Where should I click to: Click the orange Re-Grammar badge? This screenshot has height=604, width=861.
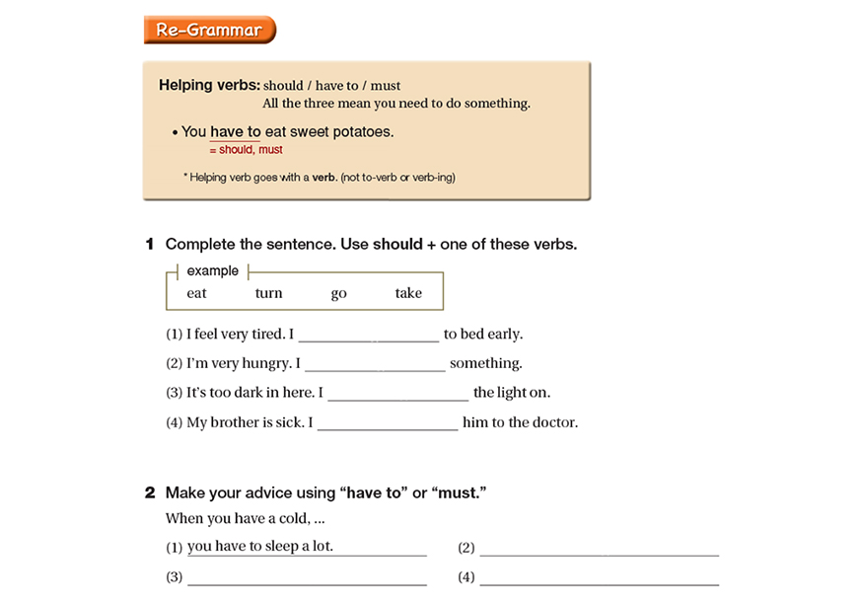(x=209, y=30)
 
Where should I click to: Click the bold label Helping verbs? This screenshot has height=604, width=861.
(x=209, y=85)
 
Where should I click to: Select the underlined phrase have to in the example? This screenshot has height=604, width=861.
(x=236, y=131)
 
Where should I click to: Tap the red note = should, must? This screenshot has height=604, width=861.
(x=246, y=150)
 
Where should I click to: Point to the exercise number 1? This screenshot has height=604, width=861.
(x=150, y=244)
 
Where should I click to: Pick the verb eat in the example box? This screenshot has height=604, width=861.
(x=197, y=293)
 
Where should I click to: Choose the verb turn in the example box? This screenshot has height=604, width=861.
(x=268, y=293)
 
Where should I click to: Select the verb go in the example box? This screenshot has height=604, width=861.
(x=339, y=293)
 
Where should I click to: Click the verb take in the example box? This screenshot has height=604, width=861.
(x=408, y=293)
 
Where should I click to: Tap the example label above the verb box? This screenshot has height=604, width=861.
(x=213, y=271)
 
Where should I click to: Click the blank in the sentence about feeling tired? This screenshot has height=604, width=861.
(x=369, y=336)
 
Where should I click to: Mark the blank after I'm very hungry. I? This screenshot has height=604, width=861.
(x=376, y=365)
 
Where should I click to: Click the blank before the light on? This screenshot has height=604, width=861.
(x=397, y=395)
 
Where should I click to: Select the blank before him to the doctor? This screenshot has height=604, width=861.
(x=388, y=424)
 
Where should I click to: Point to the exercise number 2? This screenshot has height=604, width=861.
(x=150, y=492)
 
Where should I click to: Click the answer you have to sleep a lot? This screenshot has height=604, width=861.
(x=260, y=547)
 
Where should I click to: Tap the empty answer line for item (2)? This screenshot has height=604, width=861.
(x=599, y=549)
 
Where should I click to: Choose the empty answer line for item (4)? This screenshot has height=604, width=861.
(x=599, y=578)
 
